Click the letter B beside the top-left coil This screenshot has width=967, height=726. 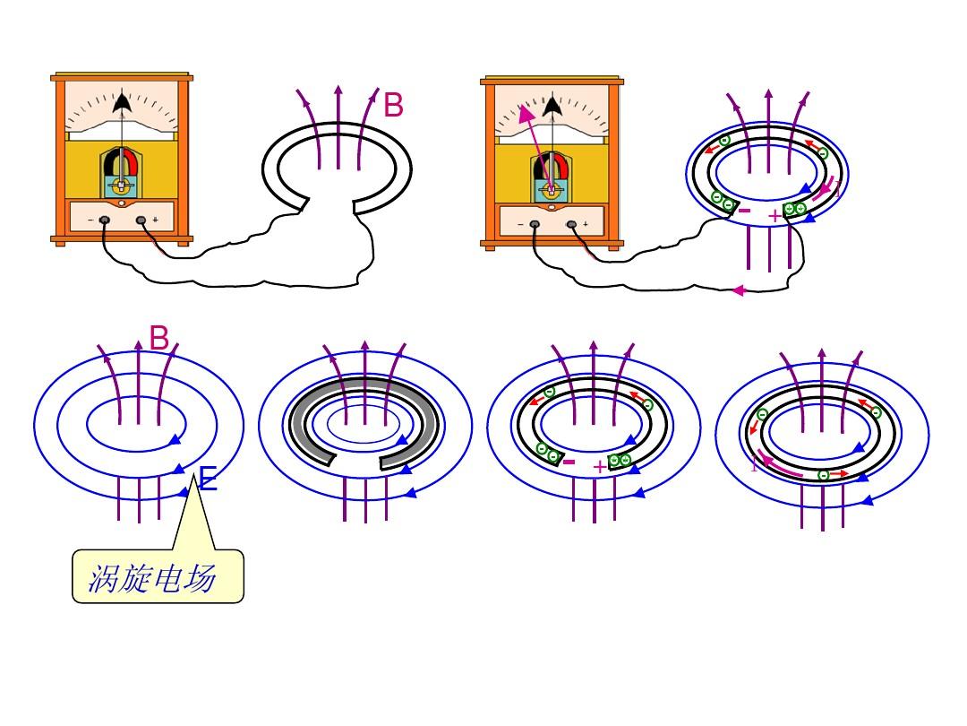click(x=393, y=106)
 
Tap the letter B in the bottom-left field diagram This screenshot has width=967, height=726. click(x=159, y=339)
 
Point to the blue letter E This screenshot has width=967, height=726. click(x=208, y=480)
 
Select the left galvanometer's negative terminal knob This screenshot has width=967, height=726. click(x=105, y=220)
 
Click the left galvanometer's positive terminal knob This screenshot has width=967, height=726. click(x=141, y=220)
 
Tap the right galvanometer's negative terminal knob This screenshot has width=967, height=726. click(x=535, y=224)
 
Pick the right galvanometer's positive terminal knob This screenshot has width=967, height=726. click(x=571, y=224)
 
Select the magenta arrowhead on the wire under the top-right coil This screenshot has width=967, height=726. click(x=739, y=290)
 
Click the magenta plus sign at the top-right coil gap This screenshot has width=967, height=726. click(x=774, y=216)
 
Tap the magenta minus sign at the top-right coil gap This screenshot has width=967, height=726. click(x=744, y=212)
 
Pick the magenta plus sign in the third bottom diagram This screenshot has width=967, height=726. click(x=599, y=467)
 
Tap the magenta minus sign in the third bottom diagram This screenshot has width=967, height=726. click(x=569, y=462)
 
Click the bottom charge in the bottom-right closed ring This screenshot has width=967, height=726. click(x=823, y=474)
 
